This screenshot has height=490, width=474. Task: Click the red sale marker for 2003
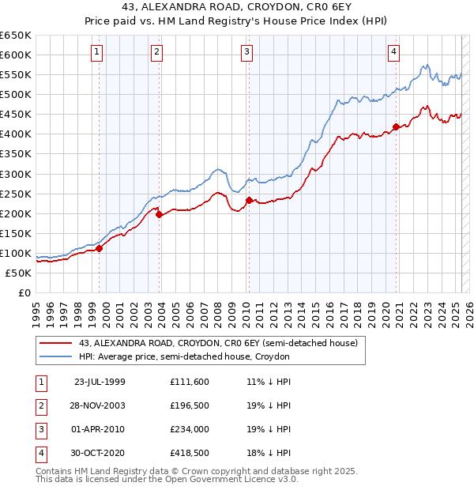[x=159, y=213]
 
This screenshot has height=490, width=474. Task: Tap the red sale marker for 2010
[x=248, y=200]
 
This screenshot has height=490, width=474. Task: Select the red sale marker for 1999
[x=100, y=248]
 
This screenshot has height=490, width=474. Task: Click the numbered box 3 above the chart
[x=247, y=53]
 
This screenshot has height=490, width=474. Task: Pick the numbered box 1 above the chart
[x=96, y=53]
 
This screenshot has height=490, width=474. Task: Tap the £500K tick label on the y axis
[x=16, y=94]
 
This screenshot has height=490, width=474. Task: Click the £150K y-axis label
[x=16, y=233]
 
